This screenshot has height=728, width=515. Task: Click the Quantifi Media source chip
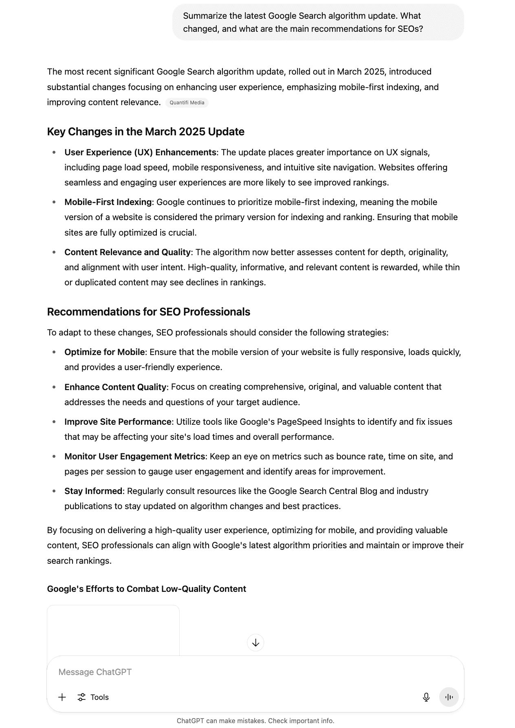(x=187, y=103)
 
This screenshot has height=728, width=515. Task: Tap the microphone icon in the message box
(x=426, y=697)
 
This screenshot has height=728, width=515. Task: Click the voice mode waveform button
(x=449, y=697)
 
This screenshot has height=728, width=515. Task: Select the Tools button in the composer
(x=93, y=697)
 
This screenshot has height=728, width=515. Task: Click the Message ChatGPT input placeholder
(x=95, y=672)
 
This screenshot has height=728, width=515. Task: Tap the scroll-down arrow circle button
(x=255, y=643)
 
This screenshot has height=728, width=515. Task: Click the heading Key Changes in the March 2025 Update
(x=145, y=132)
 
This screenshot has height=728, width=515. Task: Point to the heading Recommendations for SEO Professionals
(x=148, y=312)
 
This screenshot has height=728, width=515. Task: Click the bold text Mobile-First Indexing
(x=108, y=202)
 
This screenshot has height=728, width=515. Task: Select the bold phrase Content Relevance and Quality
(x=127, y=252)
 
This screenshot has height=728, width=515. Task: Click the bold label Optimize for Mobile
(x=104, y=352)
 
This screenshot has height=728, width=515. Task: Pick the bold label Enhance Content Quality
(x=115, y=387)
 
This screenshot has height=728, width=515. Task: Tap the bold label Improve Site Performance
(x=118, y=422)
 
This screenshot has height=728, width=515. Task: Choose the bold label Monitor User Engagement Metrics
(x=134, y=457)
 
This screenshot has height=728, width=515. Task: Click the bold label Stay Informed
(x=93, y=491)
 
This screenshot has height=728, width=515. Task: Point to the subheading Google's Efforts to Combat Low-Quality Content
(x=146, y=589)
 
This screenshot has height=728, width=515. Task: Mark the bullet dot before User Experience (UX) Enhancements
(x=54, y=152)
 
